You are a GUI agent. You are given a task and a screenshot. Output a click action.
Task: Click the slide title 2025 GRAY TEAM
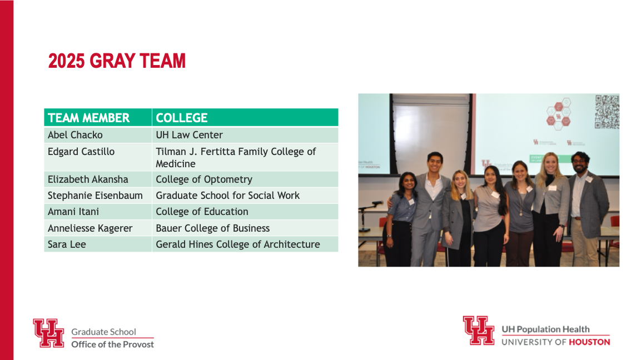tap(117, 61)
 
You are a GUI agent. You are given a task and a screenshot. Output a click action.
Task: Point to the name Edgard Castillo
tap(81, 152)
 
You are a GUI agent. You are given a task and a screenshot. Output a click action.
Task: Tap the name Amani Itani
tap(73, 212)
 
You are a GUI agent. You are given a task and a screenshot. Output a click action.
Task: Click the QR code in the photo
tap(607, 112)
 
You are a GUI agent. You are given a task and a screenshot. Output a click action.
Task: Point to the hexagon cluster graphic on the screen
tap(559, 113)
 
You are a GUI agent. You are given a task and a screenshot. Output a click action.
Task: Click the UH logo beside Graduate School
tap(49, 333)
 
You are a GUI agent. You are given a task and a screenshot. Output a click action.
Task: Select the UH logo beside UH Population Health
tap(479, 330)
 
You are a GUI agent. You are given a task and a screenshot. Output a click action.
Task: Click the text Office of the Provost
tap(112, 344)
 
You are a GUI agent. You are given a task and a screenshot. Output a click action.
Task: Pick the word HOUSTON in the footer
tap(589, 342)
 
